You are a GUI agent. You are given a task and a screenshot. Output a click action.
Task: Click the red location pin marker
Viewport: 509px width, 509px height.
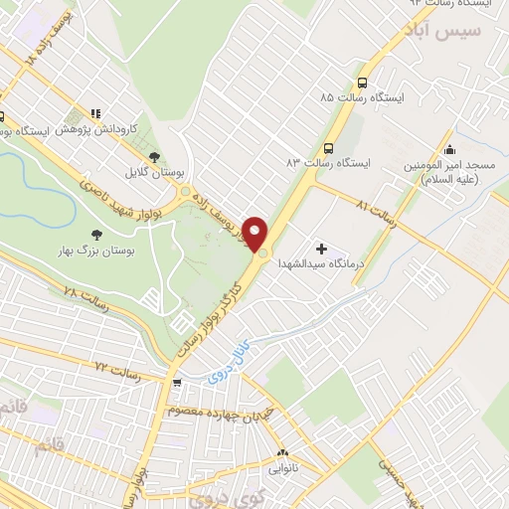point(255,235)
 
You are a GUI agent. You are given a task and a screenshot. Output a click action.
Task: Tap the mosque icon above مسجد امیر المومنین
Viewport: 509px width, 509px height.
point(447,149)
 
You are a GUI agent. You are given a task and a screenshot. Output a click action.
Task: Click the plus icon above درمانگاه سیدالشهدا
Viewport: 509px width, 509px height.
point(321,247)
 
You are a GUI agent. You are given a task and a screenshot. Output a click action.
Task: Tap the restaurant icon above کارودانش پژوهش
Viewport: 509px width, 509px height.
point(95,113)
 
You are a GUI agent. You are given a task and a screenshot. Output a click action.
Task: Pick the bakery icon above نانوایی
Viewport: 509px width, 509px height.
point(282,450)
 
